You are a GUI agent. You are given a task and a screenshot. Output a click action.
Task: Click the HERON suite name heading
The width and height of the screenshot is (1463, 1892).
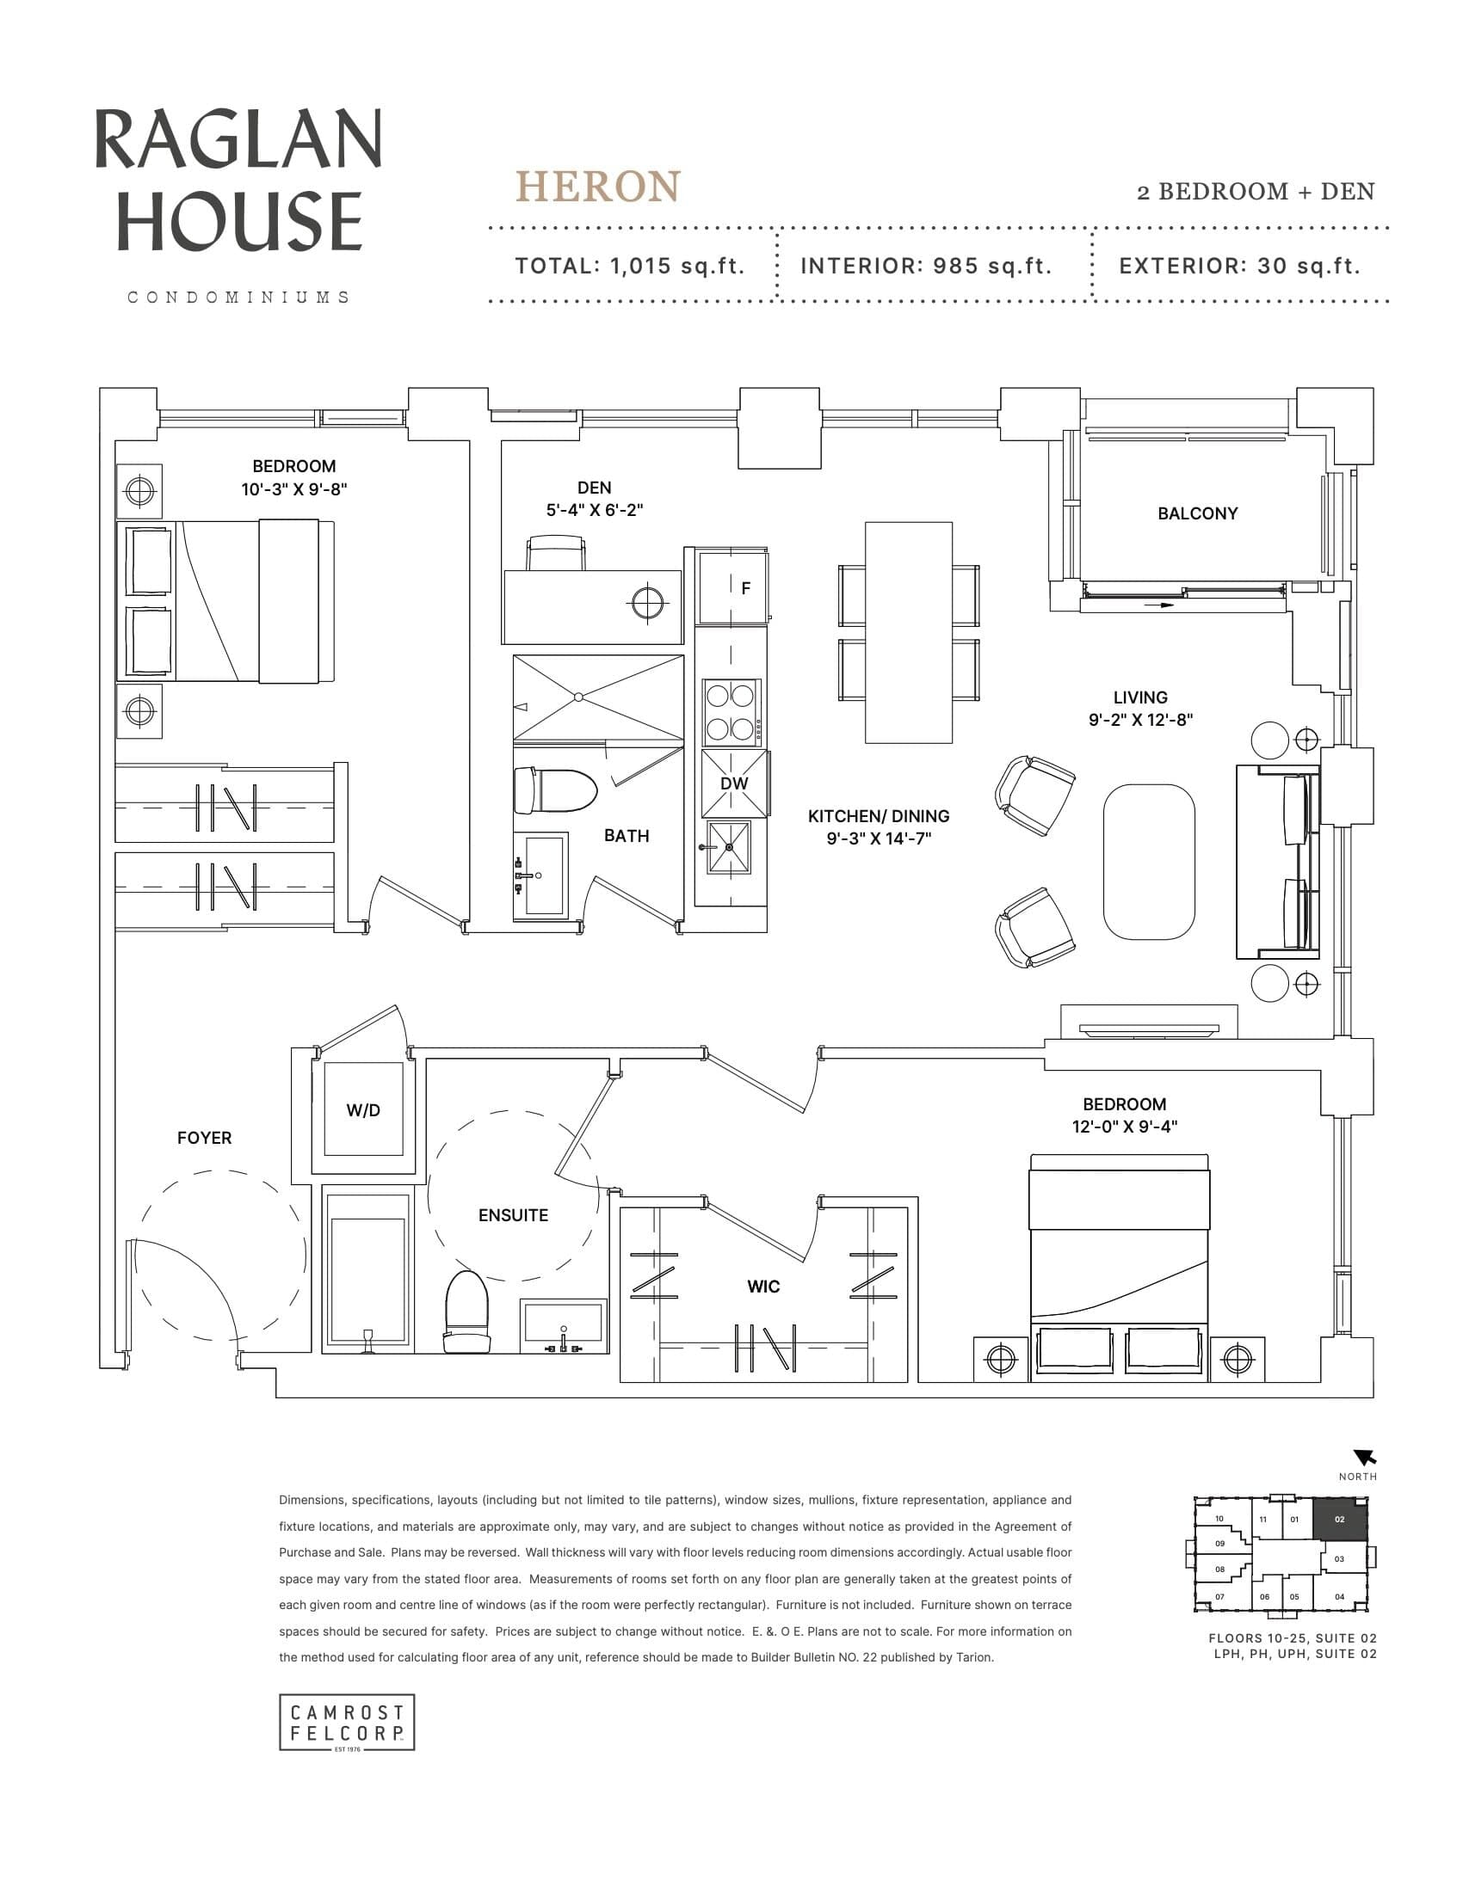coord(598,187)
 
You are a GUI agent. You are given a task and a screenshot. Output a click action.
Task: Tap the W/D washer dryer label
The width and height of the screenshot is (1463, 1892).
coord(362,1110)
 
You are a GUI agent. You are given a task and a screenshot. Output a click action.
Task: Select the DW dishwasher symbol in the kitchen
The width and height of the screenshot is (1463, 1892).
coord(734,783)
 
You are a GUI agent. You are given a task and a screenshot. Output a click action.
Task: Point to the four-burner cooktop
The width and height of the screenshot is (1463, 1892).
coord(730,712)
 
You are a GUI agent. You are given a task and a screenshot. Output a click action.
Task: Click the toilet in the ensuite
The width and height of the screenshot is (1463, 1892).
coord(466,1311)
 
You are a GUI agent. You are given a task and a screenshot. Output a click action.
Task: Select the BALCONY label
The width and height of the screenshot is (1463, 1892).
coord(1197,513)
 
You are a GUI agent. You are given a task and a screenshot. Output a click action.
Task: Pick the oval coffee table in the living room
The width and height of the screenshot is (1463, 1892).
coord(1148,861)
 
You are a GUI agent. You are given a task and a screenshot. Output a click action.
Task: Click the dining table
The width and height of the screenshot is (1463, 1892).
coord(908,632)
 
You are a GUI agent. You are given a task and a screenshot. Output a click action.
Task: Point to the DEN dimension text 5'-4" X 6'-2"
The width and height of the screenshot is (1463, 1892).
coord(594,510)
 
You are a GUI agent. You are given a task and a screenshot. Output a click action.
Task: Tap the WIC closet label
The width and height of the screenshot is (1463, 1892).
coord(762,1287)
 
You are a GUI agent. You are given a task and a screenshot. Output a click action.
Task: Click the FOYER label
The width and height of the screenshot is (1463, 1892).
coord(204,1139)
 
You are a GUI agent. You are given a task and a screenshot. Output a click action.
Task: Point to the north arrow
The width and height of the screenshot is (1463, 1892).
coord(1364,1458)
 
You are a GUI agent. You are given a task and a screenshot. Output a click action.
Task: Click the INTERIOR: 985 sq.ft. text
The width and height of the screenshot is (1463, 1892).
coord(926,266)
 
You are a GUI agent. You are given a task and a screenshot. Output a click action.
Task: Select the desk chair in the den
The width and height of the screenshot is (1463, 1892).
coord(555,553)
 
